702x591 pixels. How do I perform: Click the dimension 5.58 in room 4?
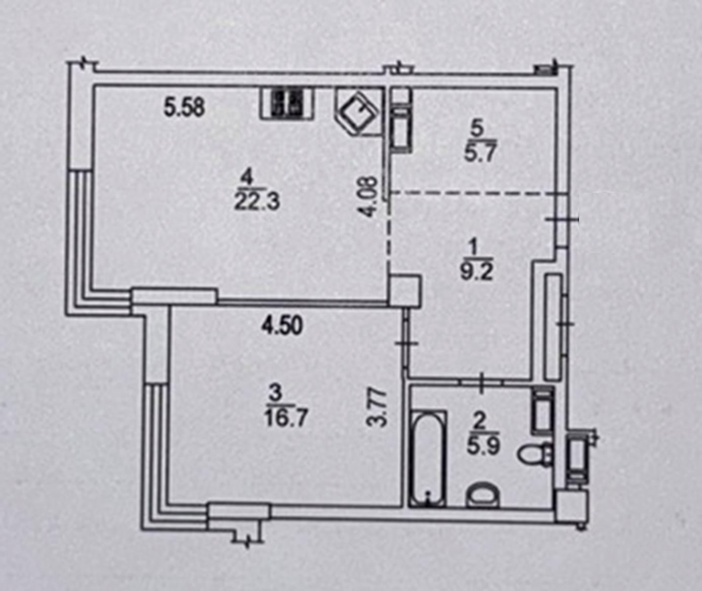[184, 108]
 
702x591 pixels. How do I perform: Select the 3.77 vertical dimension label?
[376, 407]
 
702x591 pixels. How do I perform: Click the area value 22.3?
[257, 202]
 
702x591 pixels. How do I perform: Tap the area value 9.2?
[476, 272]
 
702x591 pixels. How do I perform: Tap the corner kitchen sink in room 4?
[359, 111]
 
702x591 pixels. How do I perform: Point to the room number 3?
[276, 394]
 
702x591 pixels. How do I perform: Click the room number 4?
[248, 178]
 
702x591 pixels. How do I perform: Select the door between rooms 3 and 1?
[406, 344]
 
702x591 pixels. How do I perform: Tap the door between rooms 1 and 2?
[481, 383]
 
